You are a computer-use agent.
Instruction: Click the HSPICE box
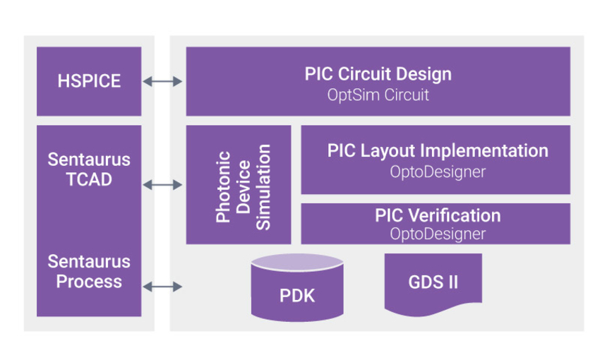pos(89,81)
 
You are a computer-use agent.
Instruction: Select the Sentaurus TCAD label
pos(89,169)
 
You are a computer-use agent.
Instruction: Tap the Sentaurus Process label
pos(89,272)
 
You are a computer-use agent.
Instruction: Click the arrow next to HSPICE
pos(163,82)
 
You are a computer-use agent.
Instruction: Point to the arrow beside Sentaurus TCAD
pos(163,185)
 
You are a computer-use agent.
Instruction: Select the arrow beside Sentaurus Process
pos(163,286)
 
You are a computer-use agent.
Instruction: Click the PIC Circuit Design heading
pos(378,74)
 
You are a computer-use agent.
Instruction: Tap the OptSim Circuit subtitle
pos(378,95)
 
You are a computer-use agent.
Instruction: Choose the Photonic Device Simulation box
pos(239,185)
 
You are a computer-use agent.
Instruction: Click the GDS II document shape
pos(433,282)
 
